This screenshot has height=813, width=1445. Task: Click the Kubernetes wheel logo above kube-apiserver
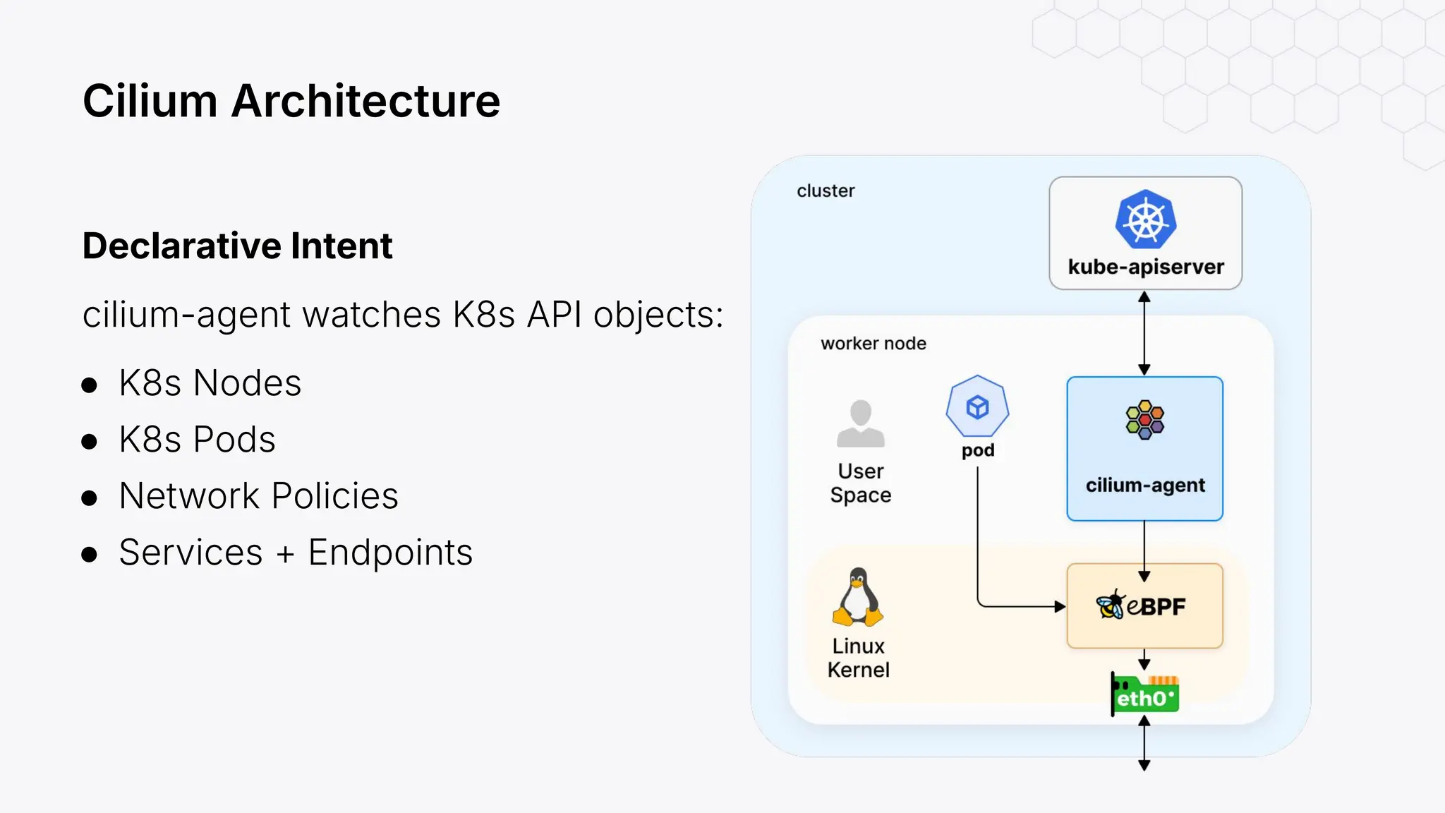1145,219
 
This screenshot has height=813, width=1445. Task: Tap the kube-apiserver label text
1145,267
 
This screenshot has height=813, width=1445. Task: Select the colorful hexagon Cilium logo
1144,420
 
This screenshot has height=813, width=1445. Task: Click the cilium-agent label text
1144,485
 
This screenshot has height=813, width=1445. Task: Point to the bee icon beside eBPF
1111,605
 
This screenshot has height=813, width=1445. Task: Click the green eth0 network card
1144,695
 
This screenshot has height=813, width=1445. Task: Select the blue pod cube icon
977,407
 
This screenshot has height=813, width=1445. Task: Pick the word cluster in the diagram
825,191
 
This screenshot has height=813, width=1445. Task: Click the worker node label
873,344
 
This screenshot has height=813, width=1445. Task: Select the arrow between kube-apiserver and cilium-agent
1144,333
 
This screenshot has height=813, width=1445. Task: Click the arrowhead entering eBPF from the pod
1059,606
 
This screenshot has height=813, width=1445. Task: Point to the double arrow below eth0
1144,742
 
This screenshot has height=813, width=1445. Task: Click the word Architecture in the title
365,101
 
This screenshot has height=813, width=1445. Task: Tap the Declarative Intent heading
237,246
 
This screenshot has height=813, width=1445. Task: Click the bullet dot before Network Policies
89,498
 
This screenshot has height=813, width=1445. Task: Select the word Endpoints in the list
390,553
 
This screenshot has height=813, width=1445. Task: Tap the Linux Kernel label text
858,658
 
